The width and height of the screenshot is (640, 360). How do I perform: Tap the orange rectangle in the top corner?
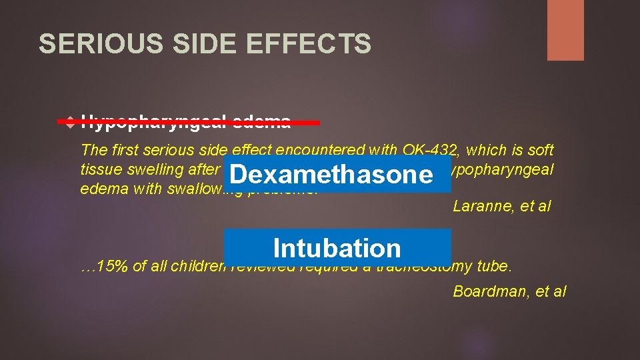pyautogui.click(x=565, y=30)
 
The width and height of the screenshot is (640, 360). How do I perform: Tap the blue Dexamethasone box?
pyautogui.click(x=331, y=175)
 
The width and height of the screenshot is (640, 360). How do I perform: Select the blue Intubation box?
pyautogui.click(x=337, y=247)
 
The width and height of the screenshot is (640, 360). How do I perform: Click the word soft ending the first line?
pyautogui.click(x=541, y=151)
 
